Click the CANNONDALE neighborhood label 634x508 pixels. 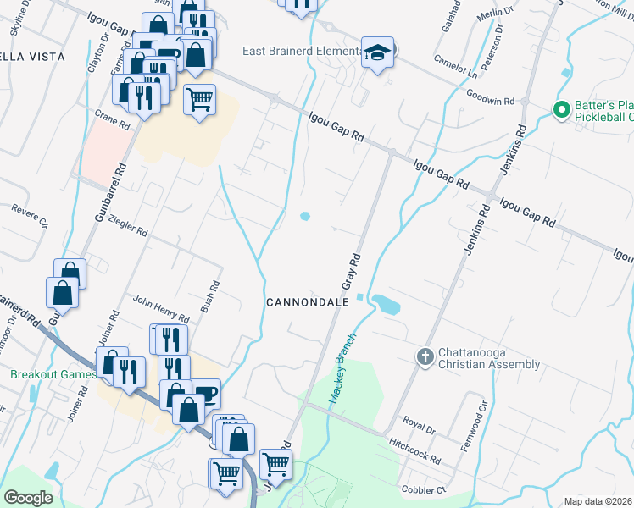(x=303, y=302)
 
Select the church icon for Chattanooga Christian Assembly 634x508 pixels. (x=426, y=355)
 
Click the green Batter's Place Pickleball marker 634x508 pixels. (x=559, y=110)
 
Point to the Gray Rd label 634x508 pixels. (x=353, y=268)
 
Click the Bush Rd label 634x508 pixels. (x=209, y=297)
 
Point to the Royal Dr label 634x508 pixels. (x=419, y=425)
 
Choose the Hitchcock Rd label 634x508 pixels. (x=414, y=450)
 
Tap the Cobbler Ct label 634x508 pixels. (x=424, y=490)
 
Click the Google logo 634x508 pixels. (x=29, y=497)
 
